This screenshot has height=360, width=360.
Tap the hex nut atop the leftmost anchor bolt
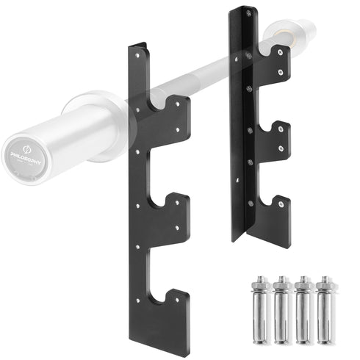pyautogui.click(x=262, y=281)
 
